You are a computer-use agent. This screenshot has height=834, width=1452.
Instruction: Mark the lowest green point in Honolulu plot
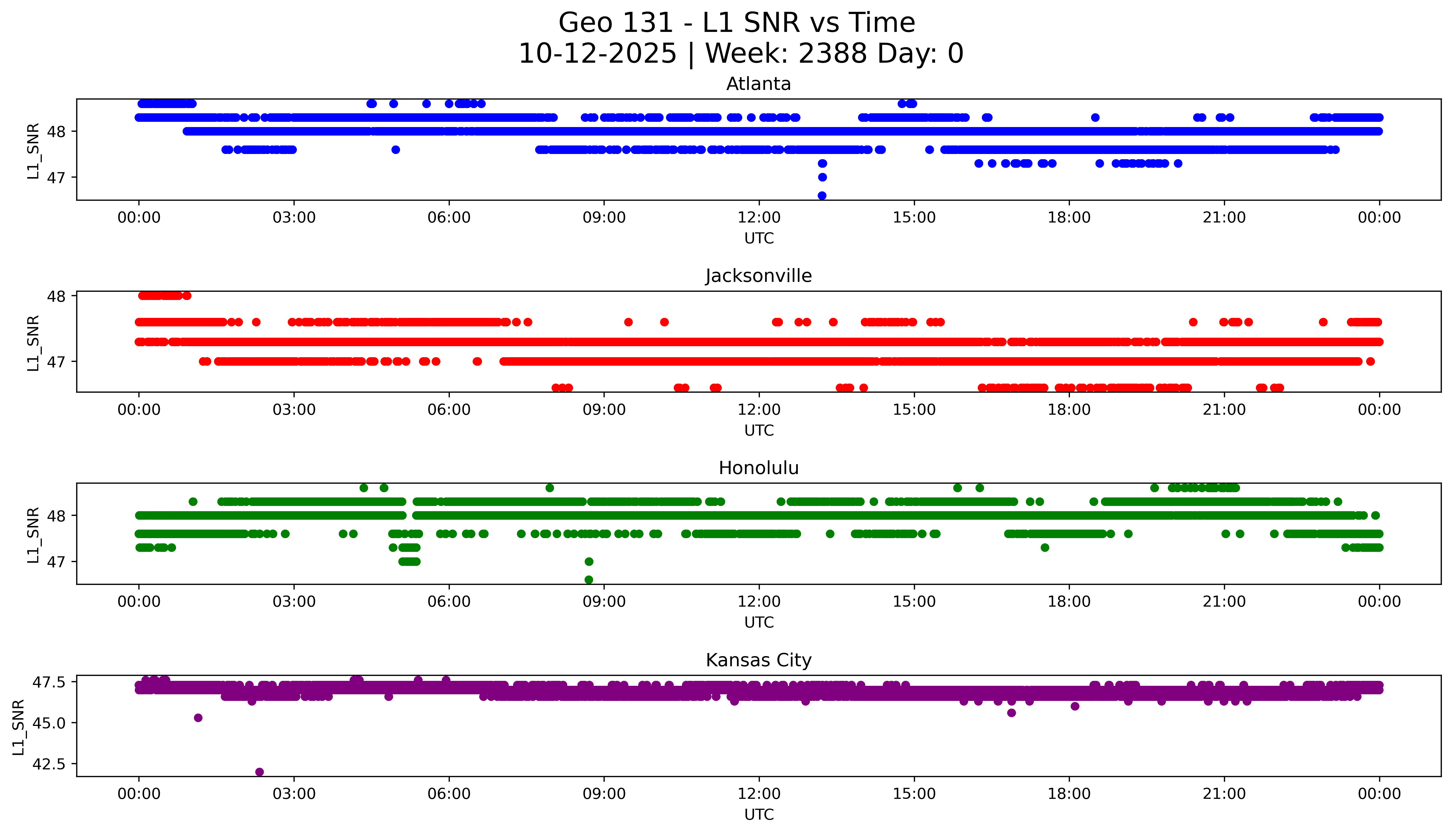588,580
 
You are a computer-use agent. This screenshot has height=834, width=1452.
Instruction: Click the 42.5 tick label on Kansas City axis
49,764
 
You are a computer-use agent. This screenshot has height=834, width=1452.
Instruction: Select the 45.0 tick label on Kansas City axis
49,723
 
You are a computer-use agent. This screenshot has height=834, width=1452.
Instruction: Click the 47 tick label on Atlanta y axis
56,178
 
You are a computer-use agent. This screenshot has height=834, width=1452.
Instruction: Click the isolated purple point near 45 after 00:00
198,718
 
